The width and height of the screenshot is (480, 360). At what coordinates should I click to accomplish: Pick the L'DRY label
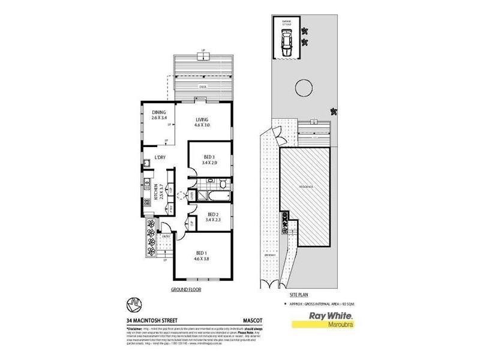[160, 158]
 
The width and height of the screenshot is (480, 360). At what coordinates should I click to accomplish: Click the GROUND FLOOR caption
[185, 289]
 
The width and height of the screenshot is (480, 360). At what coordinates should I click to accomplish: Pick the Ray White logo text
[329, 316]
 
